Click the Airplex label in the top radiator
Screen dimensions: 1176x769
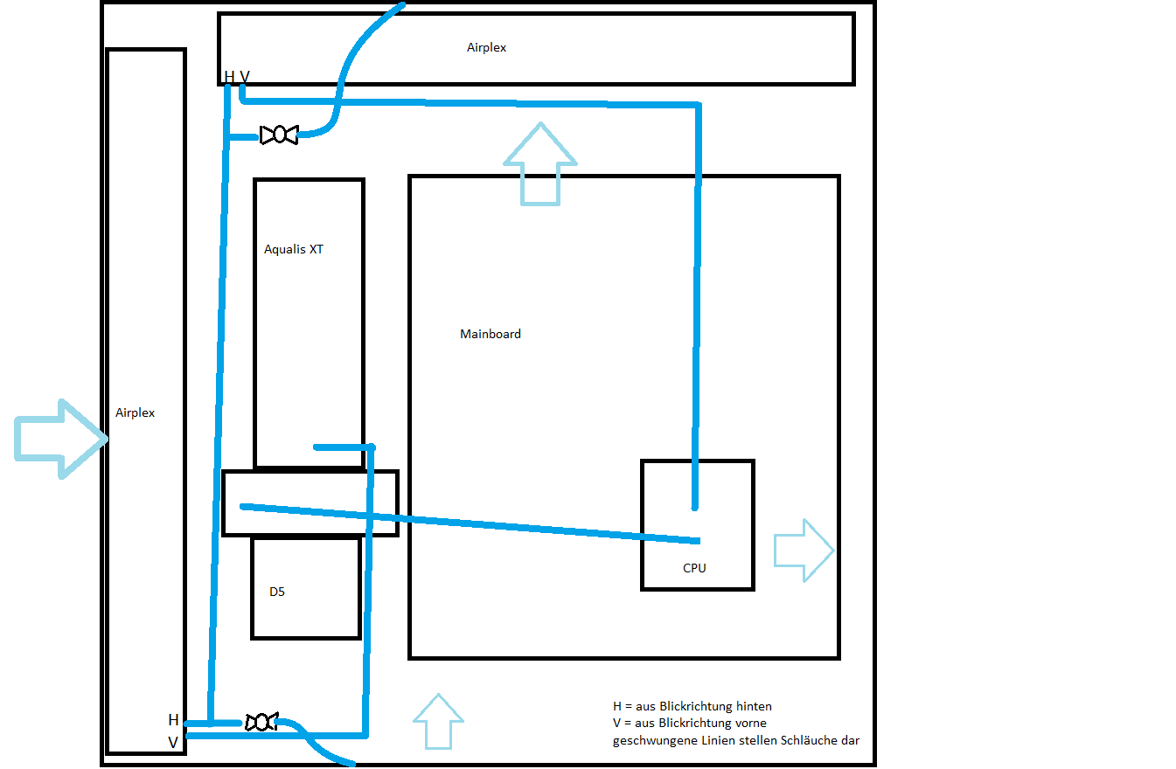(486, 48)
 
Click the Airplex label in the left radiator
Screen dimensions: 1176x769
(135, 413)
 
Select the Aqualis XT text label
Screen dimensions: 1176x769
(294, 249)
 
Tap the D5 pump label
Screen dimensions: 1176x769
(277, 592)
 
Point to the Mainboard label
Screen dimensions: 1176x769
(491, 334)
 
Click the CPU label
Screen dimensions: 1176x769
(694, 568)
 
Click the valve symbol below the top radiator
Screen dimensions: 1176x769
(279, 135)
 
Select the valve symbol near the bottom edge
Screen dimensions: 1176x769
(261, 722)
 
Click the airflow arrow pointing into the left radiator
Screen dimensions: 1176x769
(61, 439)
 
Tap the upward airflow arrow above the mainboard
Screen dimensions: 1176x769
(540, 164)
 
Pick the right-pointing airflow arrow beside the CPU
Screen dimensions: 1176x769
(804, 551)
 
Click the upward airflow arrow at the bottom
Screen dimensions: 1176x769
(438, 721)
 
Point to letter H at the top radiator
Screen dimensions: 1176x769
(229, 77)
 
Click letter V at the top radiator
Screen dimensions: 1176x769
(245, 77)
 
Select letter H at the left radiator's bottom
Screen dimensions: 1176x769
(173, 720)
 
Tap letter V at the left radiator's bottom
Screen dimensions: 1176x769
(173, 743)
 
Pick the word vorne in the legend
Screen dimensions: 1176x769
(748, 724)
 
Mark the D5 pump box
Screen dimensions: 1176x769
(307, 587)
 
